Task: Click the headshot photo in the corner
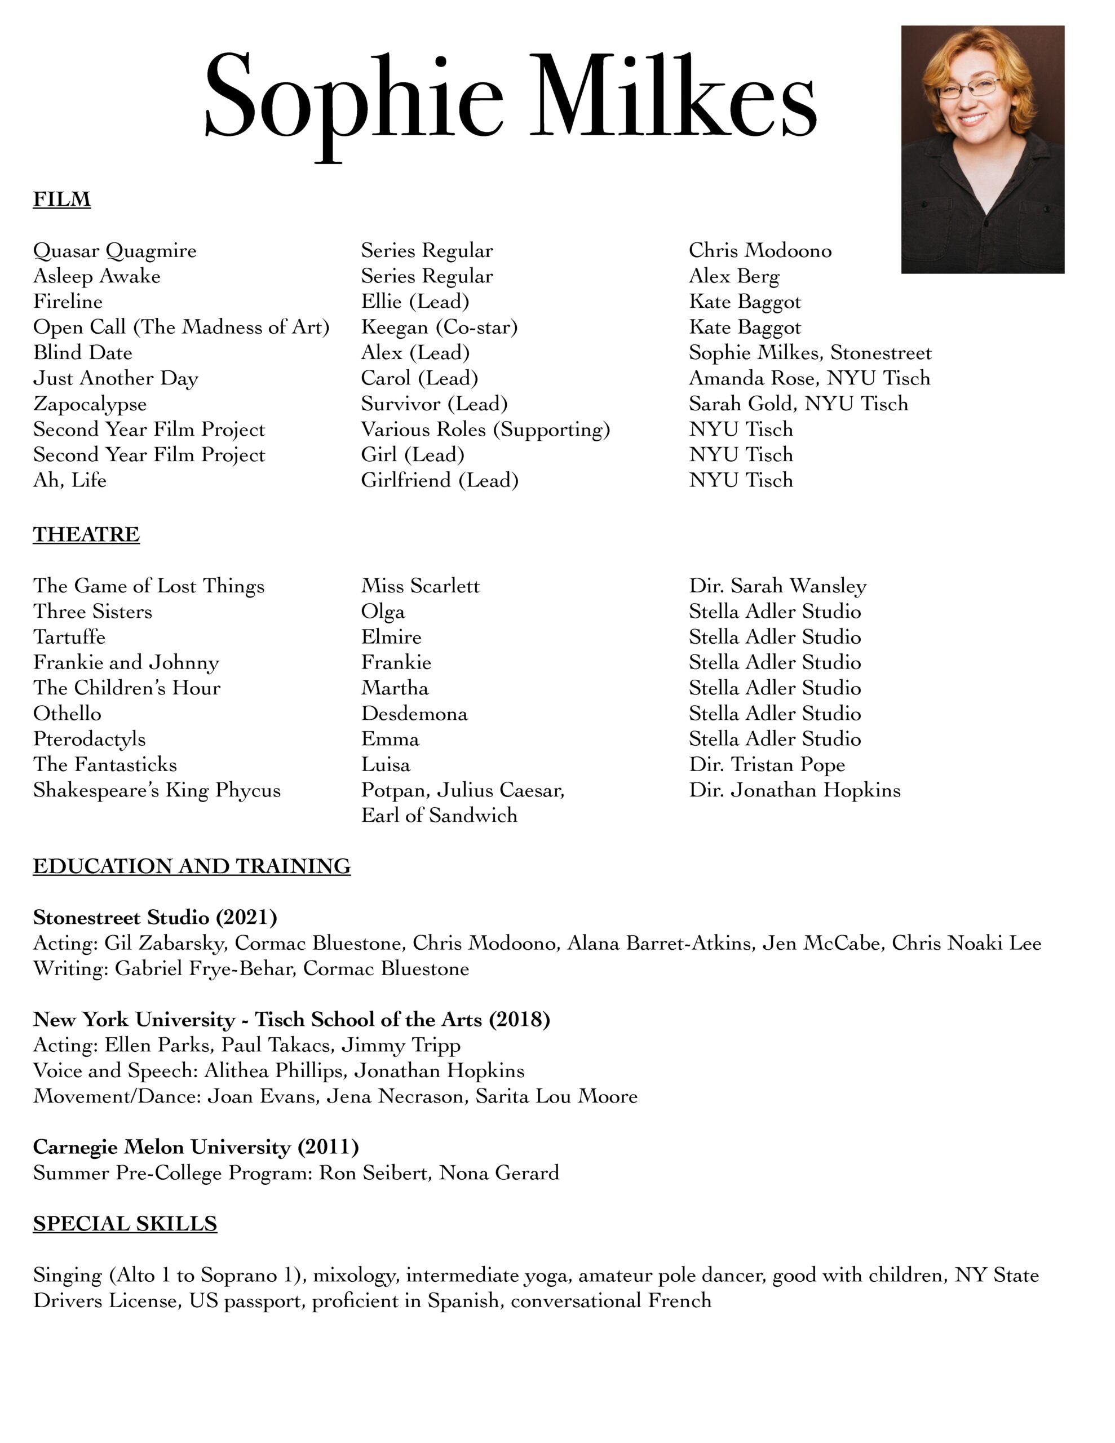tap(982, 149)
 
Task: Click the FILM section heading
tap(61, 199)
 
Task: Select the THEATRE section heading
tap(86, 534)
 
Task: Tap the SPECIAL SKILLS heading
tap(125, 1223)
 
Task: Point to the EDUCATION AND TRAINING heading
tap(192, 866)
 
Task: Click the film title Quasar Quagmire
tap(115, 251)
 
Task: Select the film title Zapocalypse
tap(90, 404)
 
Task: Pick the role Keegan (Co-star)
tap(439, 327)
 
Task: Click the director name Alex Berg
tap(733, 276)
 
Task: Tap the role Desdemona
tap(414, 714)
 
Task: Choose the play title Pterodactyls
tap(89, 740)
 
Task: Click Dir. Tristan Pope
tap(767, 764)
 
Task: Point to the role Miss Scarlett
tap(421, 586)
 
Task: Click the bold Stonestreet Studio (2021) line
tap(154, 917)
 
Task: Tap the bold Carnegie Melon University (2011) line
tap(196, 1147)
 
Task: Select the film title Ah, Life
tap(69, 480)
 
